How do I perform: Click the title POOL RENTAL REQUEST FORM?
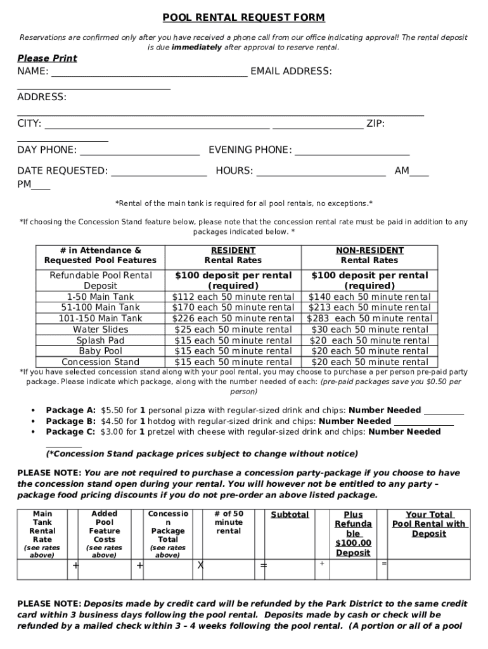pyautogui.click(x=244, y=18)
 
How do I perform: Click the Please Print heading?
pyautogui.click(x=47, y=58)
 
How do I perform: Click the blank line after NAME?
pyautogui.click(x=149, y=74)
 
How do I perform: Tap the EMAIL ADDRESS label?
pyautogui.click(x=291, y=71)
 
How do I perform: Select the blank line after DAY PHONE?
pyautogui.click(x=140, y=153)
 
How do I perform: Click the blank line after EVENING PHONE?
pyautogui.click(x=352, y=153)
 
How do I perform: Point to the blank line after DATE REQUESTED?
pyautogui.click(x=158, y=174)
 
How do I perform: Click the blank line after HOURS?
pyautogui.click(x=321, y=174)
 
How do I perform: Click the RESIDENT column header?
pyautogui.click(x=233, y=250)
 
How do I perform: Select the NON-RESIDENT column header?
pyautogui.click(x=369, y=250)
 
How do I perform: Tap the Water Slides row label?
pyautogui.click(x=100, y=330)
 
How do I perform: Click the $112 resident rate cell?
pyautogui.click(x=233, y=297)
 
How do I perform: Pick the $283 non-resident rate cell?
pyautogui.click(x=369, y=318)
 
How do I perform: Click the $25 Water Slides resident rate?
pyautogui.click(x=233, y=330)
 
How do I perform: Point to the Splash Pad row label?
pyautogui.click(x=100, y=340)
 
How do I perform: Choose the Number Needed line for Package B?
pyautogui.click(x=423, y=425)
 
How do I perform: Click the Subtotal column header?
pyautogui.click(x=290, y=515)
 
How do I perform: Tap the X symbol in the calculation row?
pyautogui.click(x=200, y=565)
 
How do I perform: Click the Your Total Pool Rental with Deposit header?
pyautogui.click(x=429, y=524)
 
